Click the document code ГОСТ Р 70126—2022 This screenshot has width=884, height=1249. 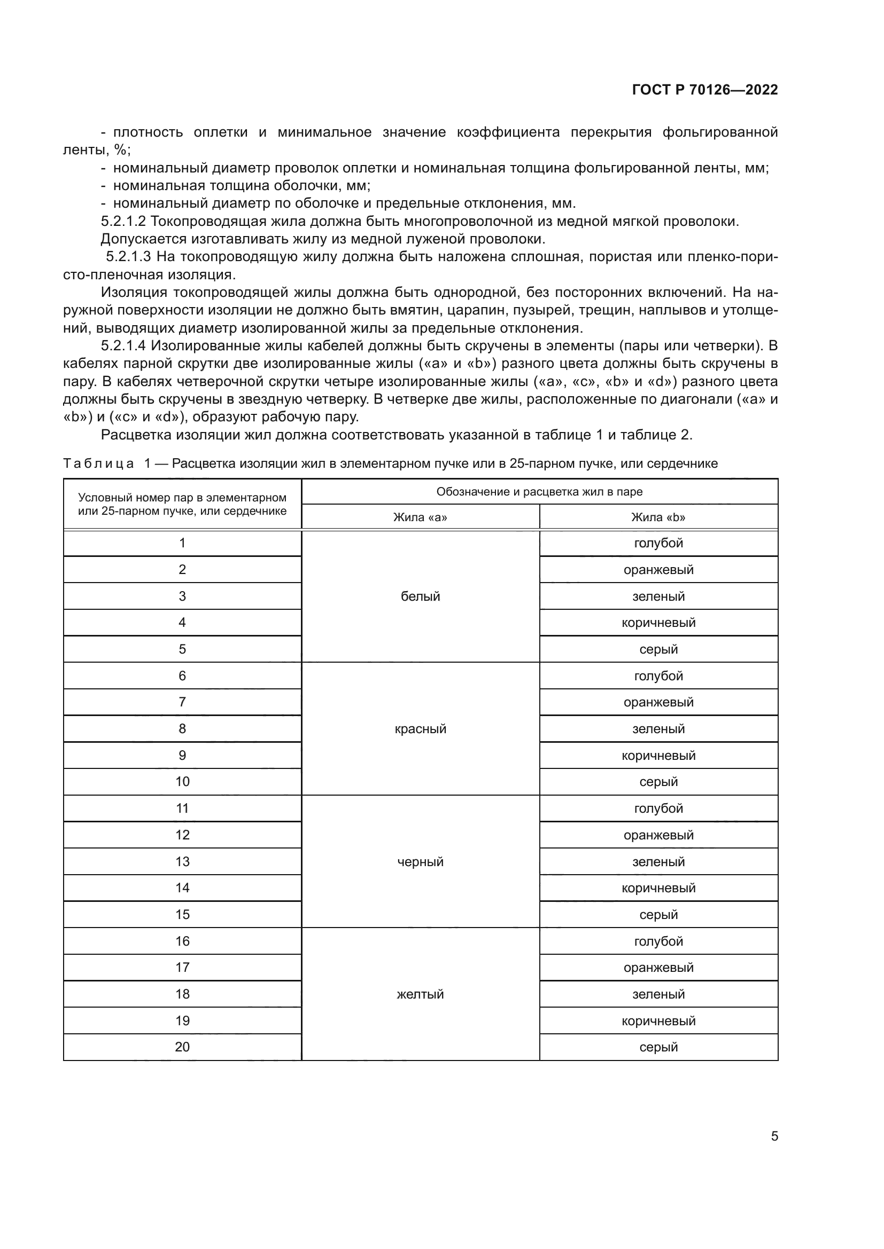(x=705, y=90)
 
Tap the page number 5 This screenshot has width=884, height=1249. (x=774, y=1136)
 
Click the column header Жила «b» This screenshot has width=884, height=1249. (x=658, y=517)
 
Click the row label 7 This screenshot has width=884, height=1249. (x=182, y=702)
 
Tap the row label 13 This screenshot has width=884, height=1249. (x=182, y=862)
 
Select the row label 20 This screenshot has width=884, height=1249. (x=182, y=1047)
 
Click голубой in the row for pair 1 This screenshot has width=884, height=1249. (x=658, y=543)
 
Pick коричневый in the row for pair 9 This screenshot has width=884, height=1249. (x=658, y=756)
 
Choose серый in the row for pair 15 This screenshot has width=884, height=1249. (x=658, y=914)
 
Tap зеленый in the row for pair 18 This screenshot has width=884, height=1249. (x=658, y=994)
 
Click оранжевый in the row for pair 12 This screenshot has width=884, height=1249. (x=658, y=835)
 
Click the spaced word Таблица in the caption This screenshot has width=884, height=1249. (x=98, y=464)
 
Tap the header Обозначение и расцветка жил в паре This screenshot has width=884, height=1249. (x=539, y=492)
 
